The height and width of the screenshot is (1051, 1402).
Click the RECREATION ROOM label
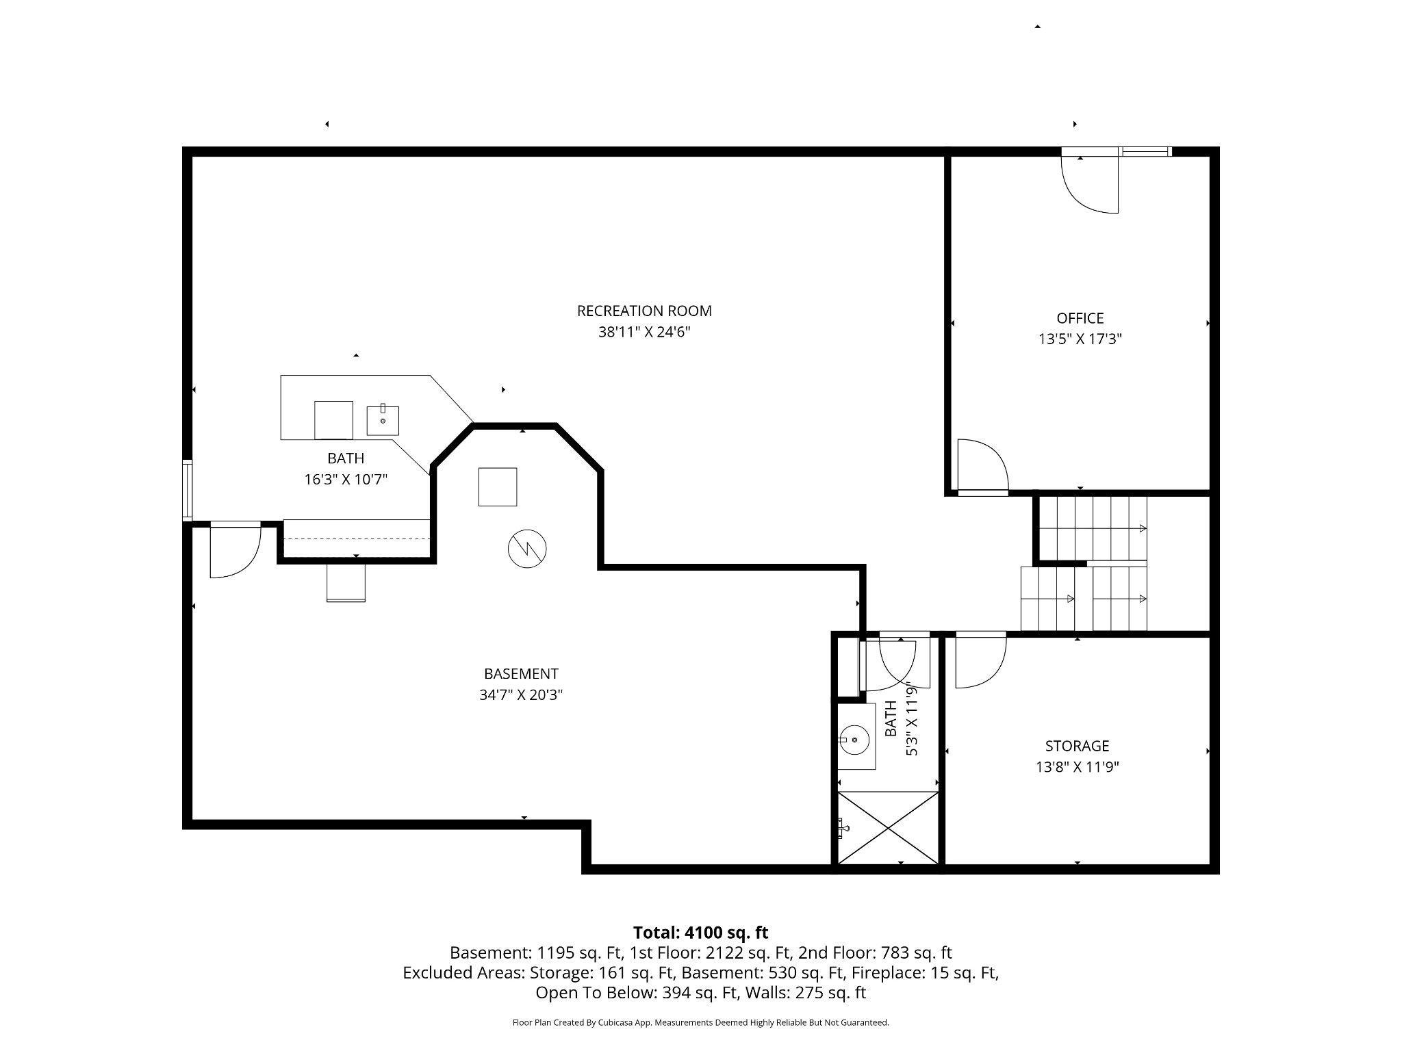point(644,311)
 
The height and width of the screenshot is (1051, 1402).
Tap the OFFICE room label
point(1080,318)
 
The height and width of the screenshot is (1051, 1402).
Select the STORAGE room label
point(1076,746)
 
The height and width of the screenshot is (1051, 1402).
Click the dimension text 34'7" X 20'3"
point(521,695)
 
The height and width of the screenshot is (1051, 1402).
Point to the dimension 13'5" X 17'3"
point(1080,339)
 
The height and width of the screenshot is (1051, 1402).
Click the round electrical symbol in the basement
point(527,549)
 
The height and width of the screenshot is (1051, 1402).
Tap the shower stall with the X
point(887,829)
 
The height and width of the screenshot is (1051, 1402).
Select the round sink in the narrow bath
point(854,740)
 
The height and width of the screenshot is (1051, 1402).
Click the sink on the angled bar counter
point(383,420)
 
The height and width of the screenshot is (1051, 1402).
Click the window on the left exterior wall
point(187,491)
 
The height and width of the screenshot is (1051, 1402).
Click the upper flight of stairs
point(1093,528)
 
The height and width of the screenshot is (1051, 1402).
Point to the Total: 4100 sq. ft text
point(700,933)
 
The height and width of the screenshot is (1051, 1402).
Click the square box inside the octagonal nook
point(498,486)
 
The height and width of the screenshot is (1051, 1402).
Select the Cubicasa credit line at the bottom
point(700,1023)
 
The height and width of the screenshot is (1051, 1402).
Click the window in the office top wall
point(1146,152)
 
